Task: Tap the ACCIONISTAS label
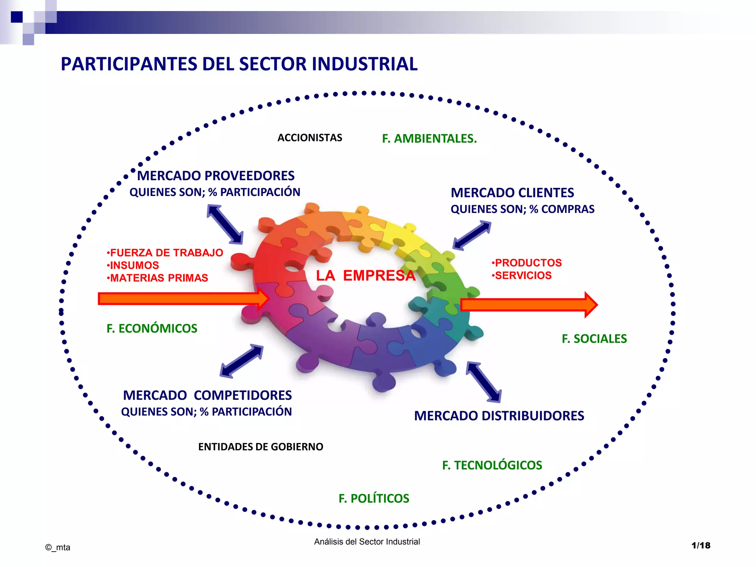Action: click(x=310, y=138)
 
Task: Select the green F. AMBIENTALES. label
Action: click(x=429, y=138)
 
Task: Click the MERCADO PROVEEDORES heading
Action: click(x=216, y=176)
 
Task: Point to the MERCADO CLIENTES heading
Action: click(x=512, y=193)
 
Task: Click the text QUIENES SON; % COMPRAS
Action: click(x=522, y=209)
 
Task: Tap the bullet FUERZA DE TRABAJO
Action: click(x=166, y=253)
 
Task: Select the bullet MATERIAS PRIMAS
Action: click(x=159, y=278)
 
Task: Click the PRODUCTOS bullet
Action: click(x=528, y=263)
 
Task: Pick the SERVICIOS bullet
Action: click(x=523, y=275)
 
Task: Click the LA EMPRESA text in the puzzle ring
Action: click(x=365, y=276)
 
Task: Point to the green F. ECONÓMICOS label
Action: click(x=152, y=329)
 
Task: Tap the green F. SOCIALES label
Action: click(x=594, y=339)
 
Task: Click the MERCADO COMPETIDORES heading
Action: click(x=207, y=395)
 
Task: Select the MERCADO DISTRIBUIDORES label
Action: click(x=499, y=416)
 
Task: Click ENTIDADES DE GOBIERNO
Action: click(x=261, y=447)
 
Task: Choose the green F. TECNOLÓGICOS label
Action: click(x=492, y=465)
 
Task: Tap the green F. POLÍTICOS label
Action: click(x=374, y=499)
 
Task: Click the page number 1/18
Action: click(x=701, y=546)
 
